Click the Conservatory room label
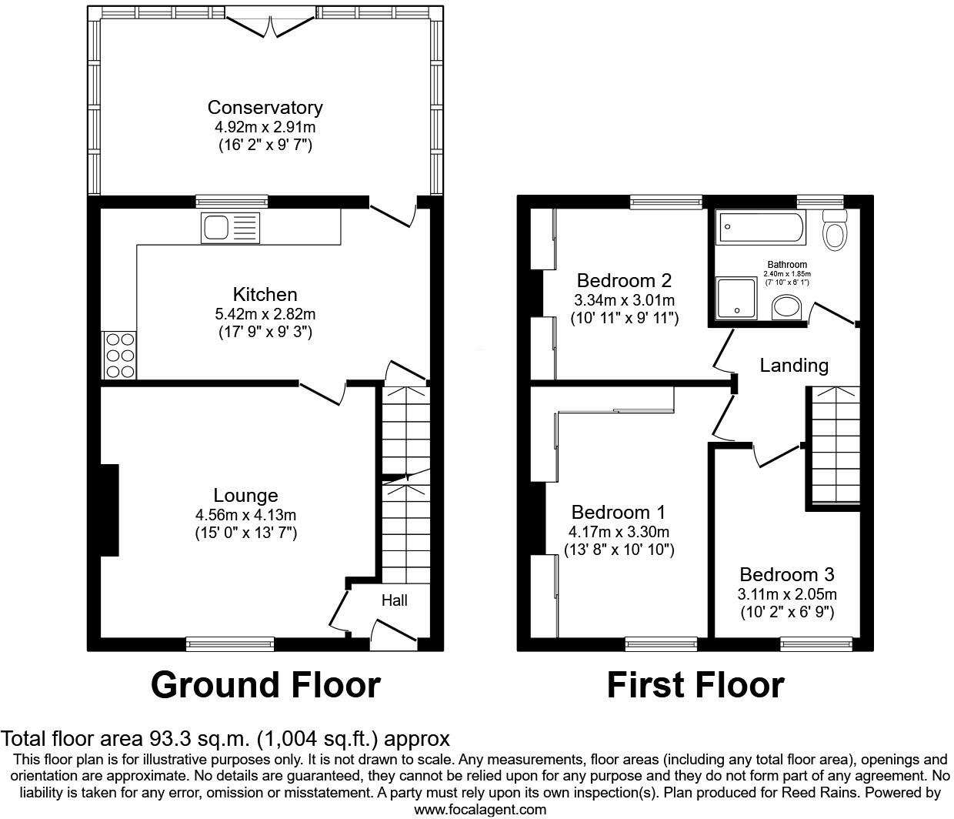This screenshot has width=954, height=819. (265, 108)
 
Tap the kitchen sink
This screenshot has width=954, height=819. (231, 228)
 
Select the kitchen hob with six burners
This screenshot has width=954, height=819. (119, 355)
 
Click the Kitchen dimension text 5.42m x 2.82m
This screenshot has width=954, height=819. (265, 314)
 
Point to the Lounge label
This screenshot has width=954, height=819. (245, 496)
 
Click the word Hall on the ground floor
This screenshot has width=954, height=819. (395, 600)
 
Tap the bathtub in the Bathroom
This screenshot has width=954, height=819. (762, 226)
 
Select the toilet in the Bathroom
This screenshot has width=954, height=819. (833, 229)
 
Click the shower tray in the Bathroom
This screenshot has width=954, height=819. (737, 298)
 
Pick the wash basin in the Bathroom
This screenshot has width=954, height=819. (787, 308)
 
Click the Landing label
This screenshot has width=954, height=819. (794, 366)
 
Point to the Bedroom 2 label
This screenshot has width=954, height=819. (624, 280)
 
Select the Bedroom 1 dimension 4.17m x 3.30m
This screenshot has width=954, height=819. (619, 532)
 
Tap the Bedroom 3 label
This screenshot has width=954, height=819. (786, 575)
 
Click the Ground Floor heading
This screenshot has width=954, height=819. (265, 684)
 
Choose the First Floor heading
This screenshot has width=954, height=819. (695, 684)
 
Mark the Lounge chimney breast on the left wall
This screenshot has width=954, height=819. (109, 509)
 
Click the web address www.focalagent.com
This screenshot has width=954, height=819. (480, 809)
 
